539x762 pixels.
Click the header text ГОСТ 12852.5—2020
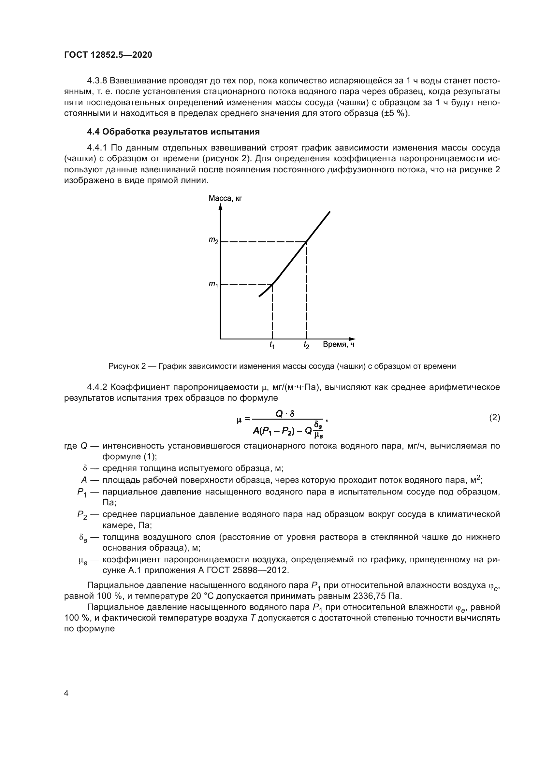coord(108,55)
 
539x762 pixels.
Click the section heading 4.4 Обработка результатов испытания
coord(173,132)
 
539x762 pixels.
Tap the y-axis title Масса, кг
coord(226,198)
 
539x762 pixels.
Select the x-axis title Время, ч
coord(339,344)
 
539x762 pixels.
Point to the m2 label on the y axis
coord(213,240)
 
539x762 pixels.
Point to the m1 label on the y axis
coord(213,284)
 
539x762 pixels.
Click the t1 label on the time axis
coord(272,345)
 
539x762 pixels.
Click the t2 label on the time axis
coord(306,345)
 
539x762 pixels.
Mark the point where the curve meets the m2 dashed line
coord(306,242)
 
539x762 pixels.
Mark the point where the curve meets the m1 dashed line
coord(272,284)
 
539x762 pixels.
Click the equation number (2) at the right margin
coord(495,418)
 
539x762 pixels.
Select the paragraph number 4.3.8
coord(97,81)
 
